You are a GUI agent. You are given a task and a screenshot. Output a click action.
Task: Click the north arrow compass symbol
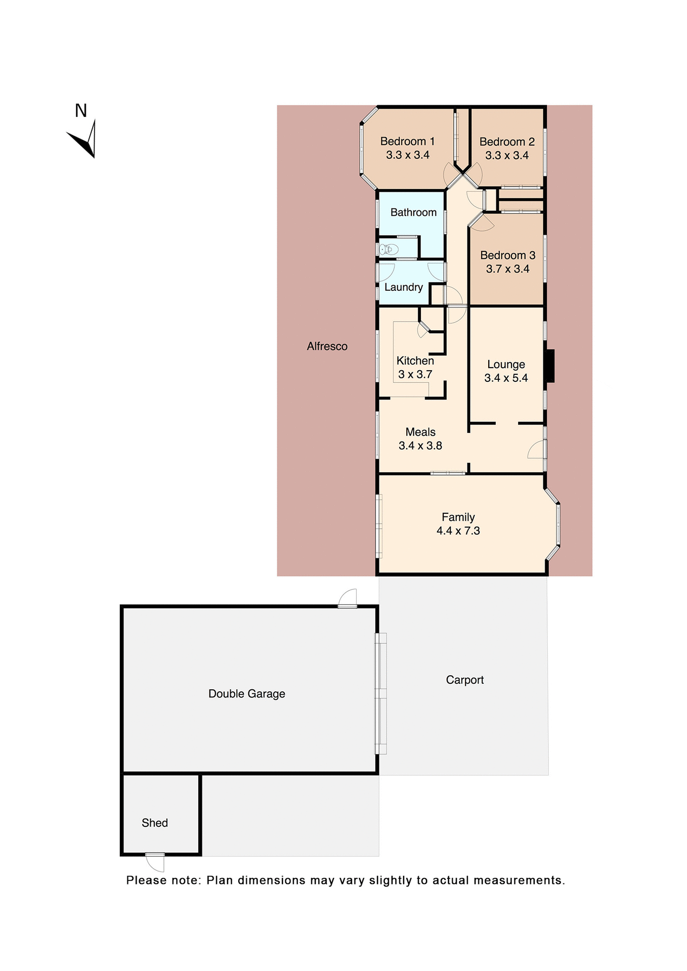pos(84,140)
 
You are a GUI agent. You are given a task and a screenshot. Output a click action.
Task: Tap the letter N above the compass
pos(81,111)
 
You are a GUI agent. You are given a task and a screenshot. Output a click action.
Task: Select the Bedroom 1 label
pos(407,142)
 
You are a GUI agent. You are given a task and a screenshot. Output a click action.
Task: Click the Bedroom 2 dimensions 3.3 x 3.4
pos(507,156)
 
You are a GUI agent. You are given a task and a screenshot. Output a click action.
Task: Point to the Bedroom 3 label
pos(507,255)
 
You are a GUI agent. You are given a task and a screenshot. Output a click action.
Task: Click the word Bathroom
pos(413,212)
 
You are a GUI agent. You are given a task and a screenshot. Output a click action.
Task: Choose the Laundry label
pos(403,287)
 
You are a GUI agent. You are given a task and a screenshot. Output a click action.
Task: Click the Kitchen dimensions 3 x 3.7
pos(415,375)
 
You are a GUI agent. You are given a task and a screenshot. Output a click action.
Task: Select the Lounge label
pos(506,365)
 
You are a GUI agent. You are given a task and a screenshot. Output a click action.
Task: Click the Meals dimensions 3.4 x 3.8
pos(420,446)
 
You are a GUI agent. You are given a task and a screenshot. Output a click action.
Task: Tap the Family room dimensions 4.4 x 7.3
pos(458,531)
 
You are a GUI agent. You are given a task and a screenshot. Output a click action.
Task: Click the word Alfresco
pos(327,346)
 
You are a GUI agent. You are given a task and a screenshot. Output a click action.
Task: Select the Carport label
pos(465,680)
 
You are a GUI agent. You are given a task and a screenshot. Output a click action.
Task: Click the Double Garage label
pos(247,694)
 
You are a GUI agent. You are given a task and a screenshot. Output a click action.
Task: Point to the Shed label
pos(155,823)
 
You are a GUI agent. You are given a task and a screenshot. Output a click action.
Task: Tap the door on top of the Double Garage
pos(348,598)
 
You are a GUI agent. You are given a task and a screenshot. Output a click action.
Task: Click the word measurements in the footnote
pos(519,880)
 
